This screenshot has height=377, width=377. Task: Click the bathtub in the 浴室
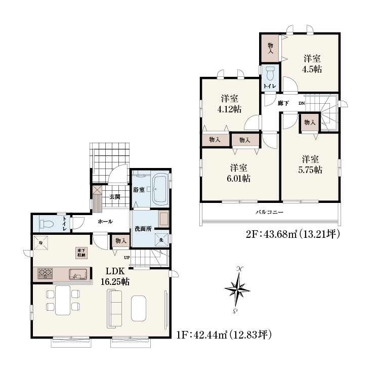point(160,189)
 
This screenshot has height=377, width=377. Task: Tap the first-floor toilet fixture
point(47,224)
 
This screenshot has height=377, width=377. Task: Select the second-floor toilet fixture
point(271,73)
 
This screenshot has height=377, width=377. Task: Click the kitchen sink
point(78,274)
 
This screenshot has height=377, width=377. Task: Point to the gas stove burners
point(45,274)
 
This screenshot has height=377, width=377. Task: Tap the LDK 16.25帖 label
point(115,276)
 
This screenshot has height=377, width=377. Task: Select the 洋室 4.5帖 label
point(312,64)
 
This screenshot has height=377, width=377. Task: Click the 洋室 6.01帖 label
point(238,173)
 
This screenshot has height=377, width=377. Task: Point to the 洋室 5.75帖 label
point(310,164)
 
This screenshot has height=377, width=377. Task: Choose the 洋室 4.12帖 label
point(229,104)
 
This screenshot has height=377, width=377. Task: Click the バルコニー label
point(269,213)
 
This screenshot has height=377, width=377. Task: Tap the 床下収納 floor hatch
point(81,253)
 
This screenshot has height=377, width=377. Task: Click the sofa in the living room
point(114,309)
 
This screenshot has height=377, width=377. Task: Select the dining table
point(63,300)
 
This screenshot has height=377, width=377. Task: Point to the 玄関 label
point(115,197)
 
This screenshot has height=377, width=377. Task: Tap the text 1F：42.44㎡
point(202,334)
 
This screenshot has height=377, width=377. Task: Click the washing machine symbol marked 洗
point(161,239)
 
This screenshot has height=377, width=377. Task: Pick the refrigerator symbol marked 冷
point(40,243)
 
